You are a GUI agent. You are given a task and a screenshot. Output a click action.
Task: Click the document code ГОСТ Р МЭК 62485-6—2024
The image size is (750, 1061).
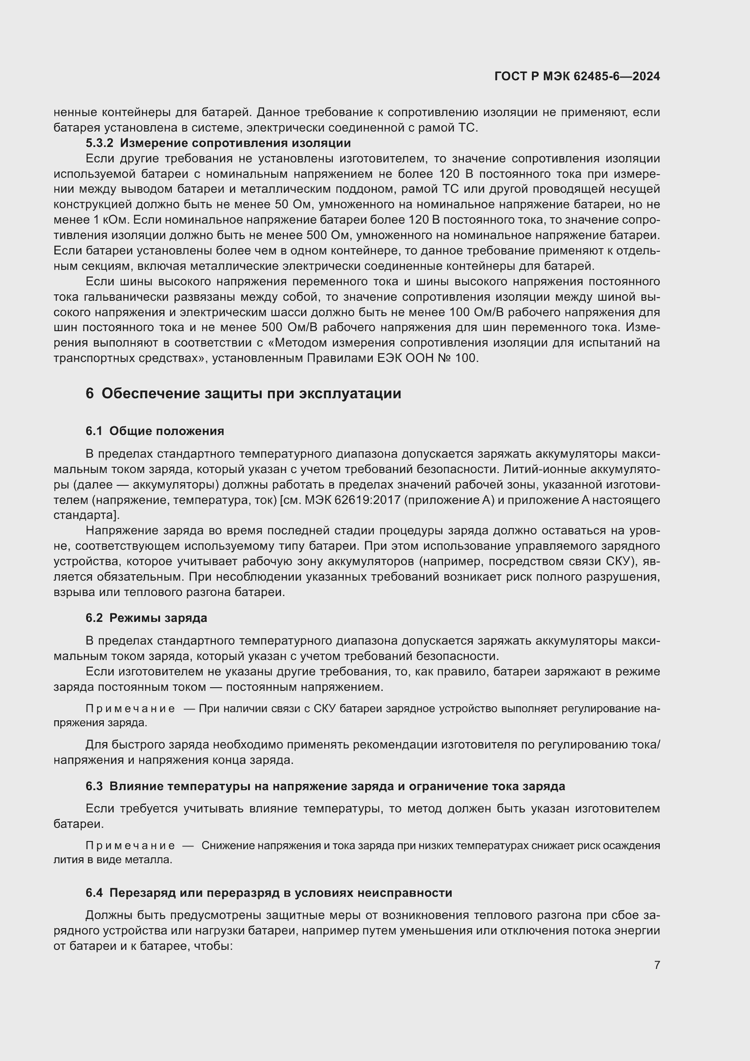577,76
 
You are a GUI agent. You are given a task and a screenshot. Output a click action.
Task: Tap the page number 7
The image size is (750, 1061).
657,965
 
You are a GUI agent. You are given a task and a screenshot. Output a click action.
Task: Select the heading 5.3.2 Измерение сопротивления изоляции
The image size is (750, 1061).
218,143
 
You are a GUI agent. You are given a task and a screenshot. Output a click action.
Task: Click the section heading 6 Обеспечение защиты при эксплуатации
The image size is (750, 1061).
244,394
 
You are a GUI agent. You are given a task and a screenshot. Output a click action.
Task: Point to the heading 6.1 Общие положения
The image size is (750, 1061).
155,431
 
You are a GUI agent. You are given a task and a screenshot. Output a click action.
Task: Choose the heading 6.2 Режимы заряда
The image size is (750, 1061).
146,618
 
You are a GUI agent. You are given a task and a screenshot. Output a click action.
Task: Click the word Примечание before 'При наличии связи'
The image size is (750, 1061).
130,709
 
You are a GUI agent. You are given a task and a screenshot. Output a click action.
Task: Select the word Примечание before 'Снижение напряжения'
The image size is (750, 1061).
130,846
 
